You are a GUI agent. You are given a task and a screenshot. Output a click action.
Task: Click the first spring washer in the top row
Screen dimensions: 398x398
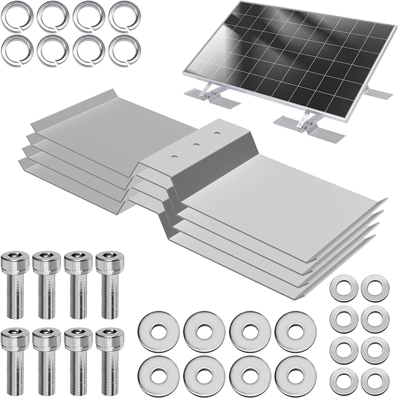(15, 17)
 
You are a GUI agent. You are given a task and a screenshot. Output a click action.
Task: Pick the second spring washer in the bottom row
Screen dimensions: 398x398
(51, 51)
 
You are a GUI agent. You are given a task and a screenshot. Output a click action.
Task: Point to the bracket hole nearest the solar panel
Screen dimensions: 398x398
(216, 132)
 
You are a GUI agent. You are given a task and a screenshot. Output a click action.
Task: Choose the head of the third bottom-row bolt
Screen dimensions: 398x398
(78, 338)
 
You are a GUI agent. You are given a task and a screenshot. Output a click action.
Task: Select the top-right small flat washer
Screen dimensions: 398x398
(374, 289)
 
